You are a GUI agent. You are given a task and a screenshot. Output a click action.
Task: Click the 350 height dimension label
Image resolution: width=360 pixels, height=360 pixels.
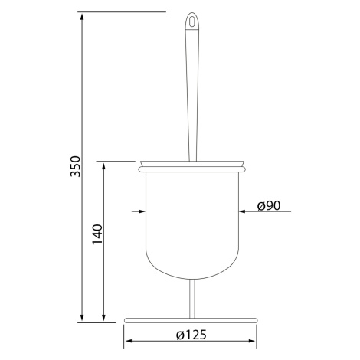coord(76,166)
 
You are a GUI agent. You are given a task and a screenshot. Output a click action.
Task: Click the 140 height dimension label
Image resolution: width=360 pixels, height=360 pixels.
coord(97,234)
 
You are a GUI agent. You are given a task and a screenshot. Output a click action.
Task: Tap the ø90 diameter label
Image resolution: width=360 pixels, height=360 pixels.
coord(269,205)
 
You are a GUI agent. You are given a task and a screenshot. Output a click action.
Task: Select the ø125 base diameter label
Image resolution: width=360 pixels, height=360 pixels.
coord(191,335)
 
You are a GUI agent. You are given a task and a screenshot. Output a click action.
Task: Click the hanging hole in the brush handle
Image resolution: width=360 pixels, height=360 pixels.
coord(191,21)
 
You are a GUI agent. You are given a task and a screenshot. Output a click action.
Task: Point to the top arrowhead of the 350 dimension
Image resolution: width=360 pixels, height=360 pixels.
coord(82,17)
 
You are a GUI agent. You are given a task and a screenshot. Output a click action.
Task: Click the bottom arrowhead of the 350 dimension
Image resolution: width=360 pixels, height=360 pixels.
coord(82,318)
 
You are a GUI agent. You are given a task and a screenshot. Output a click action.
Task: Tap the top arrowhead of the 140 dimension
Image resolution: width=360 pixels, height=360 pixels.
coord(103,167)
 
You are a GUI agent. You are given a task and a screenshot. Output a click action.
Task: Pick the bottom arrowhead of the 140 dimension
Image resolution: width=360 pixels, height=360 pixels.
coord(103,317)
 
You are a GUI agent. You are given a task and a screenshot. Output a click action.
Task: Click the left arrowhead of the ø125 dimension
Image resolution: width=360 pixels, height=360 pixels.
coord(129,341)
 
